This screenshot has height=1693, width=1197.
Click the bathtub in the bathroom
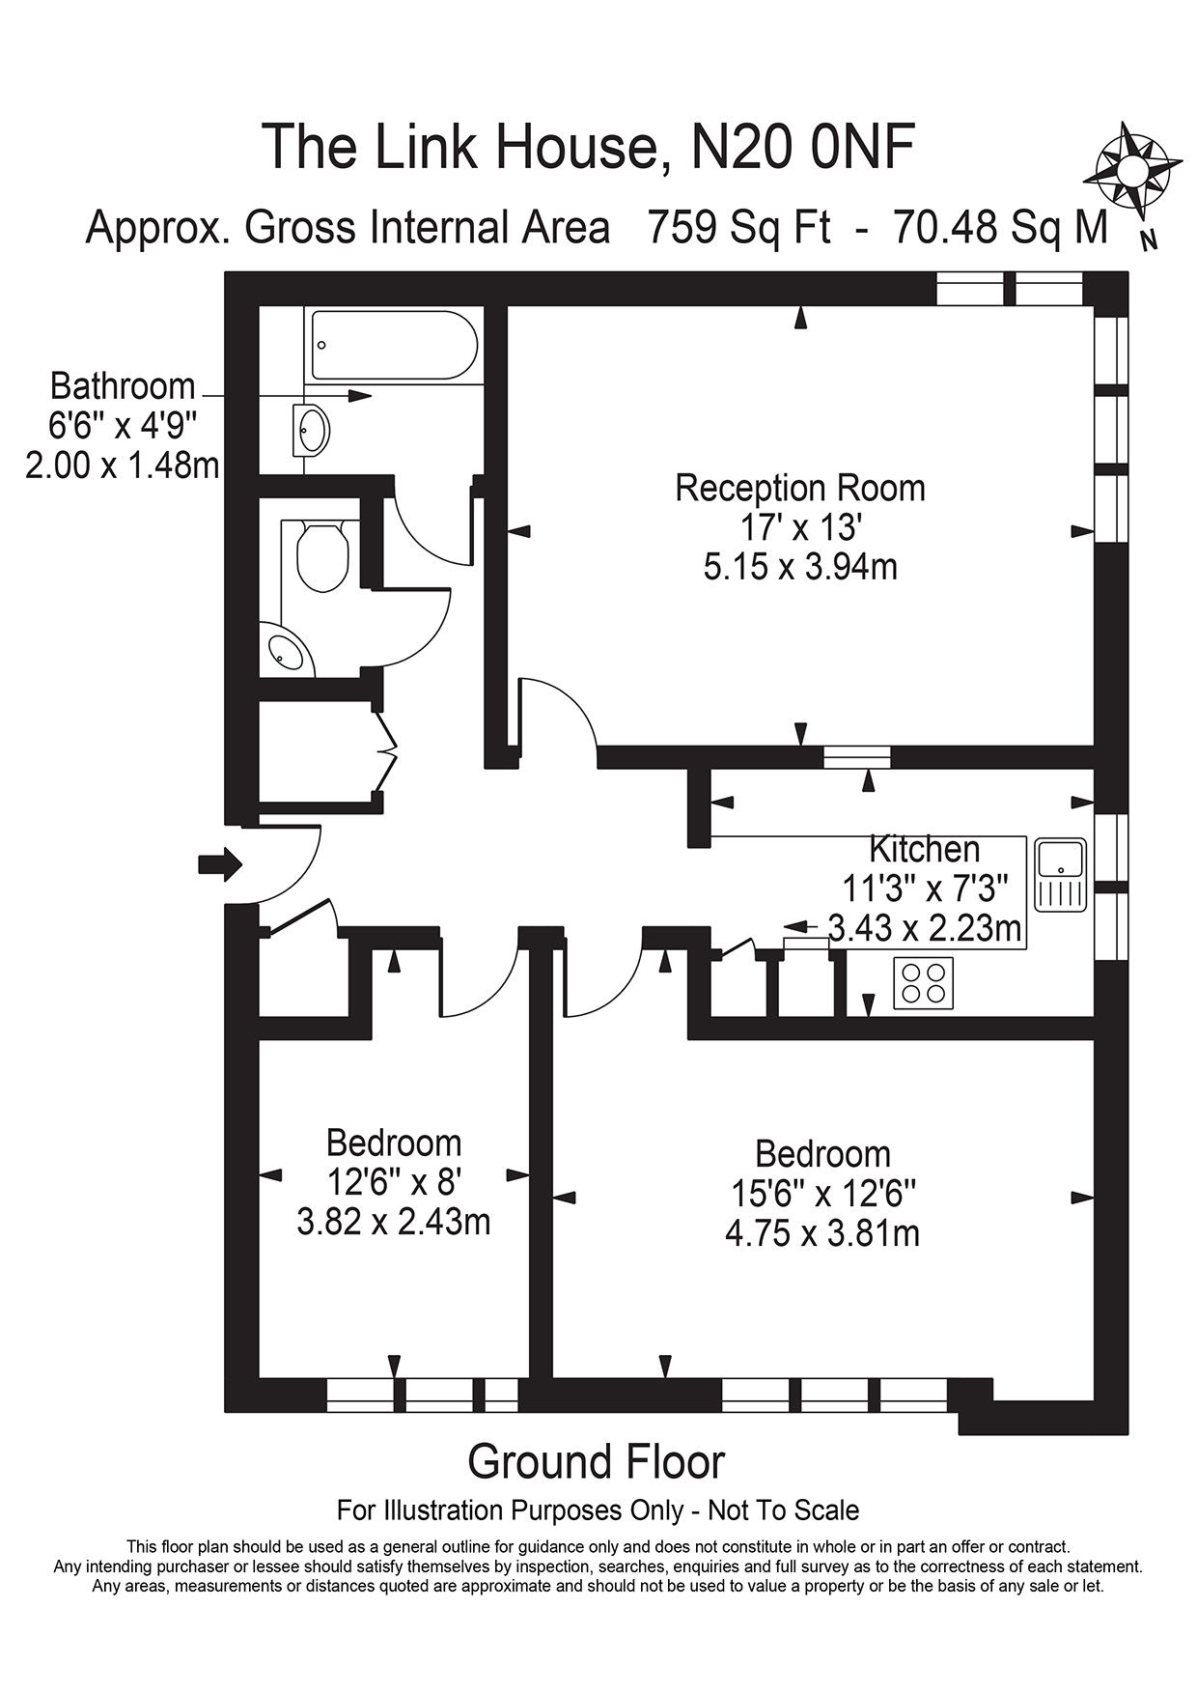[393, 345]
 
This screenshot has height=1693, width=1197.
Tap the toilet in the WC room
[322, 557]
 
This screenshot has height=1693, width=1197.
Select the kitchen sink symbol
[1061, 874]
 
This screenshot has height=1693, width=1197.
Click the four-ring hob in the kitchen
[923, 983]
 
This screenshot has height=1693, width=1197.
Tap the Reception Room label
[799, 488]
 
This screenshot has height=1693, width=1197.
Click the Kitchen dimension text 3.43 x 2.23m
[925, 928]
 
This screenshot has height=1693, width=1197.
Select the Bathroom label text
[123, 386]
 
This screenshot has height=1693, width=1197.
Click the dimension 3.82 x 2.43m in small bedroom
[394, 1223]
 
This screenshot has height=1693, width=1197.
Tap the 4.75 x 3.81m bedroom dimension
[821, 1233]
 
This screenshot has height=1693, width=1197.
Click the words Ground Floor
[596, 1461]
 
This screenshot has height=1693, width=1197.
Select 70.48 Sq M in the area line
[1000, 228]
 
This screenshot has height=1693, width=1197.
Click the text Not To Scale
[783, 1510]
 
